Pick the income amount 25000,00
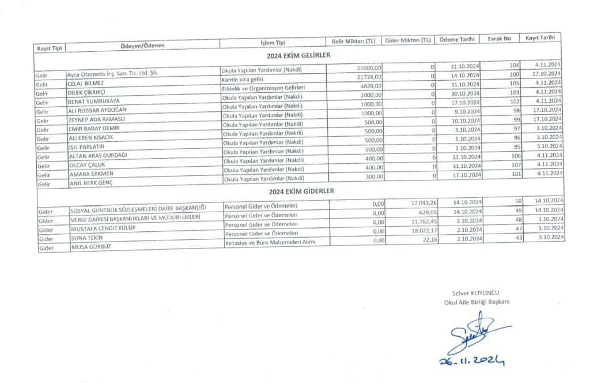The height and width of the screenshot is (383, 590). [369, 67]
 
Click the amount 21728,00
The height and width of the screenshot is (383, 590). [369, 76]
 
